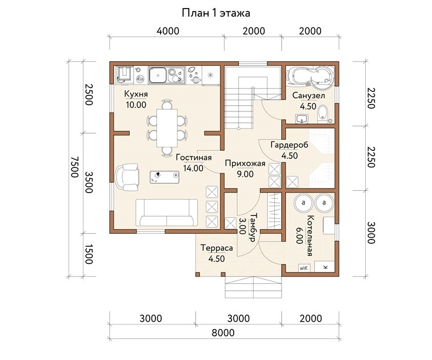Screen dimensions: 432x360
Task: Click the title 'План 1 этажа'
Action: coord(216,13)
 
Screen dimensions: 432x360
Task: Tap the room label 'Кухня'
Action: coord(136,94)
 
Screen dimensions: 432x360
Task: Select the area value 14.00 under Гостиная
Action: coord(193,168)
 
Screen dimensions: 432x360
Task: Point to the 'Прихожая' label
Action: coord(245,163)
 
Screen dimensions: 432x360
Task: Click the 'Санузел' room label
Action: coord(309,95)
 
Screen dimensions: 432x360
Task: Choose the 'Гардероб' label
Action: coord(289,145)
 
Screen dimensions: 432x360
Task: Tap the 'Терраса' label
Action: coord(217,248)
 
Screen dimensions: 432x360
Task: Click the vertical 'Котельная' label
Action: coord(310,236)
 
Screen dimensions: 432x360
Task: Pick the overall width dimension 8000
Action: coord(223,333)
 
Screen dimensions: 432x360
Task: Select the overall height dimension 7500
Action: coord(75,167)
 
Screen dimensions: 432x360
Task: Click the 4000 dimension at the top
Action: coord(168,31)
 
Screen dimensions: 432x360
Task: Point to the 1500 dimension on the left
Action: coord(88,254)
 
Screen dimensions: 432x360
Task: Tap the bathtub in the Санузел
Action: coord(310,74)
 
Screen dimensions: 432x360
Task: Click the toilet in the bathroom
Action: coord(322,114)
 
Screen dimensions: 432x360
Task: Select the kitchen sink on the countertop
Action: coord(157,75)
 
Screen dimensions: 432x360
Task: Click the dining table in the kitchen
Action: coord(167,128)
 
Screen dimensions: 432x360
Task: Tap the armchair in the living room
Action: coord(127,177)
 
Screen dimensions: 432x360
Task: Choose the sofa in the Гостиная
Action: coord(166,213)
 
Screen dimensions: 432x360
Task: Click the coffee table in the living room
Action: coord(165,177)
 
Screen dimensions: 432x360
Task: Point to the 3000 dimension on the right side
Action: coord(371,233)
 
